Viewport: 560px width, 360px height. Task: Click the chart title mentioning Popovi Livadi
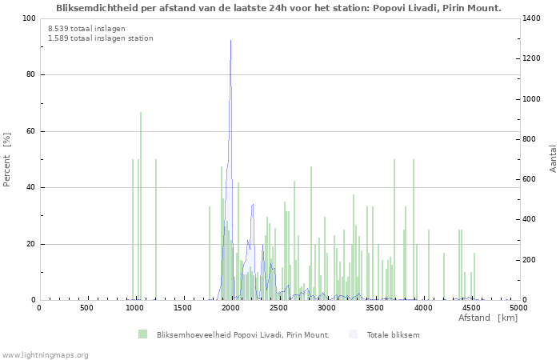coord(279,8)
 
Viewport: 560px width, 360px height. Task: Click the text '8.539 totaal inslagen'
coord(82,28)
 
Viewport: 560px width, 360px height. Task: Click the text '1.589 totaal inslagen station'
coord(100,38)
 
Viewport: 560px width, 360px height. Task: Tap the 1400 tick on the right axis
coord(530,18)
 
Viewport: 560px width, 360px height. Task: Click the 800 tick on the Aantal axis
coord(528,139)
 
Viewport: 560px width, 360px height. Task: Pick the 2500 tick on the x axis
coord(278,308)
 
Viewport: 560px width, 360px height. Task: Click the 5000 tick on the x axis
coord(518,308)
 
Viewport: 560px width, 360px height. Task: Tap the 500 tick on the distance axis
coord(86,308)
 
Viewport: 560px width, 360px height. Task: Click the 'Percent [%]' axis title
coord(7,160)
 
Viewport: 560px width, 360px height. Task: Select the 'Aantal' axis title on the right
coord(554,158)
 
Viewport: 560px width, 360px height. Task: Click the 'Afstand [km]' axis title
coord(488,318)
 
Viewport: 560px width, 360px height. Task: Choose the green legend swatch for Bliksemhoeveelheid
coord(142,334)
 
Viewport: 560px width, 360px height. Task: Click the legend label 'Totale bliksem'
coord(393,334)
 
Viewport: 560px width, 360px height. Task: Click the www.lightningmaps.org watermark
coord(45,355)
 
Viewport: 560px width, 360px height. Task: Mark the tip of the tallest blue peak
coord(230,40)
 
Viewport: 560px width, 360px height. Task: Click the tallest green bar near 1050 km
coord(141,113)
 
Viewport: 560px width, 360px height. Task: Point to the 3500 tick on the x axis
coord(374,308)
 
